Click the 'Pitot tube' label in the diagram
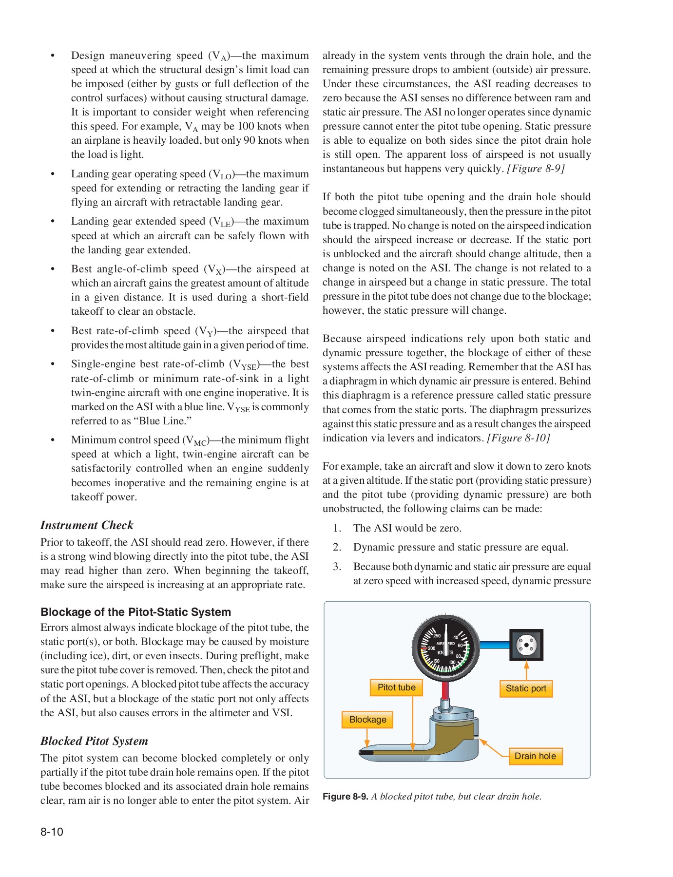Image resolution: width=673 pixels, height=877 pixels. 396,687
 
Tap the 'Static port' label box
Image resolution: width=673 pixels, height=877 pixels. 526,688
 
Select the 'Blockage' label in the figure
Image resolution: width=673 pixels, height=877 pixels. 367,720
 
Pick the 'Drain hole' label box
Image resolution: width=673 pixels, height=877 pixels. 535,756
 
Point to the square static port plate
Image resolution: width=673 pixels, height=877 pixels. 526,645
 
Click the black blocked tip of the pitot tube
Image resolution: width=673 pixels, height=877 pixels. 366,753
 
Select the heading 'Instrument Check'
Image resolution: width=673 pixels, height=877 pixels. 87,525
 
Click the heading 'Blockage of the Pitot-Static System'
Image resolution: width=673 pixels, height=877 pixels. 136,612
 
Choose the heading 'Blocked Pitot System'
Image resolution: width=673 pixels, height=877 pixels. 94,741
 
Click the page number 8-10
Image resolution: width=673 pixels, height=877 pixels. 52,832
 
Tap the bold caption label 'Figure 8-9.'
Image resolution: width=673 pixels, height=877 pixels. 345,797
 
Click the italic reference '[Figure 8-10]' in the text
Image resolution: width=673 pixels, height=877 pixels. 519,438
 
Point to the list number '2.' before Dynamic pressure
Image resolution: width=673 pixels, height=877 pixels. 337,547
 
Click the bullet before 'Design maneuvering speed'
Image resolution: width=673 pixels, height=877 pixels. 53,56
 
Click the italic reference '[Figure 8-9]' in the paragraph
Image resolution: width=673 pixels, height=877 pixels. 536,169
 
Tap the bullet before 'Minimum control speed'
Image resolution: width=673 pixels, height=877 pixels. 53,440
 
